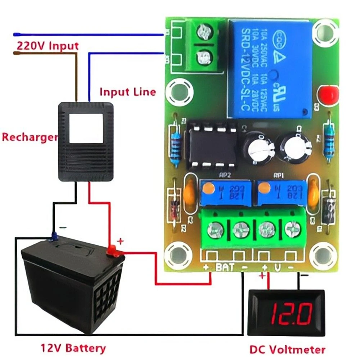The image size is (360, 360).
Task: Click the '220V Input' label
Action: pyautogui.click(x=48, y=46)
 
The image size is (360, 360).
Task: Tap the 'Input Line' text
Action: pyautogui.click(x=128, y=92)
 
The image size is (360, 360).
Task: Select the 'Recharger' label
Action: pyautogui.click(x=30, y=137)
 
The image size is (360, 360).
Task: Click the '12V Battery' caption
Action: pyautogui.click(x=73, y=348)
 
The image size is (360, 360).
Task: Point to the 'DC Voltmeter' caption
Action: pyautogui.click(x=287, y=349)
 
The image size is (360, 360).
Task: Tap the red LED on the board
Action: pyautogui.click(x=327, y=95)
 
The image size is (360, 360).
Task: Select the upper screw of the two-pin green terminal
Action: pyautogui.click(x=204, y=34)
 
